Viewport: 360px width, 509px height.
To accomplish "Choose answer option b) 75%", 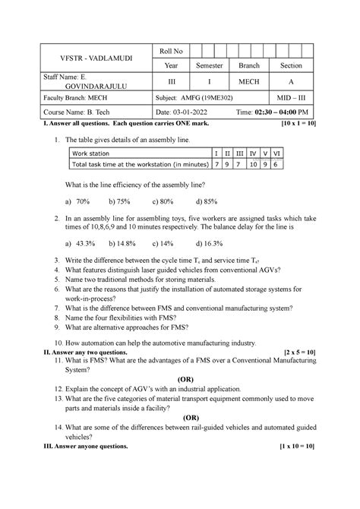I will [119, 201].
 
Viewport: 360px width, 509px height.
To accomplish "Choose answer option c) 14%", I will [163, 244].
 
